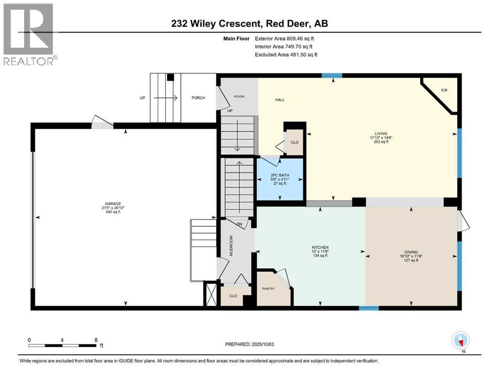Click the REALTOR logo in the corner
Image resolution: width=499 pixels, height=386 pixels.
click(28, 34)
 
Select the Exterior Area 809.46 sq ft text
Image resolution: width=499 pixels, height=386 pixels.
click(285, 38)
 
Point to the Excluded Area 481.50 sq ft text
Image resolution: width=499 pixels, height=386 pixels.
click(286, 54)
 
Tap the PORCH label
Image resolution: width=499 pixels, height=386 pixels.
click(198, 98)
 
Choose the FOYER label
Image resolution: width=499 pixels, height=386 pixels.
click(238, 96)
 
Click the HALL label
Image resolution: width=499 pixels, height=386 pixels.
click(280, 100)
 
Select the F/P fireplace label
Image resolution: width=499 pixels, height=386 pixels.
click(444, 90)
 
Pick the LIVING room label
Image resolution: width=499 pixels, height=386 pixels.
click(381, 134)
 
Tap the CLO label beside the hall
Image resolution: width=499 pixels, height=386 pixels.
click(295, 142)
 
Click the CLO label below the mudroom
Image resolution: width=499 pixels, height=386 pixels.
click(233, 296)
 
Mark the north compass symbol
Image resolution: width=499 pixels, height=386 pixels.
click(461, 341)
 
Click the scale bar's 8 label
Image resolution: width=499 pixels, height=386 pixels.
click(96, 340)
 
